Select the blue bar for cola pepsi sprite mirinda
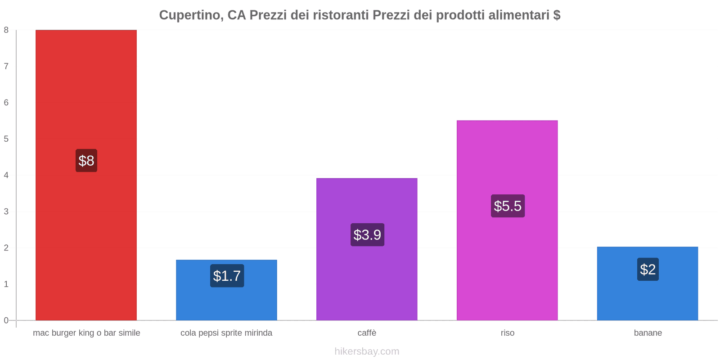226,301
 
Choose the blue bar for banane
648,297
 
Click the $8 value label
86,161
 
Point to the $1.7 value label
227,276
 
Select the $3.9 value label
367,235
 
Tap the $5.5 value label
508,206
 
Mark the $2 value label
648,270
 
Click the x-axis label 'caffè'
367,333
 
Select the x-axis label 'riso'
507,333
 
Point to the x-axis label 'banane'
648,333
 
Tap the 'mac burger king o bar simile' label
86,333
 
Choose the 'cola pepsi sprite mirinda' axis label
226,333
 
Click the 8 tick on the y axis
6,30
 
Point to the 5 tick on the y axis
6,139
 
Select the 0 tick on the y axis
6,320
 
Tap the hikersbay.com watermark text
367,351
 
